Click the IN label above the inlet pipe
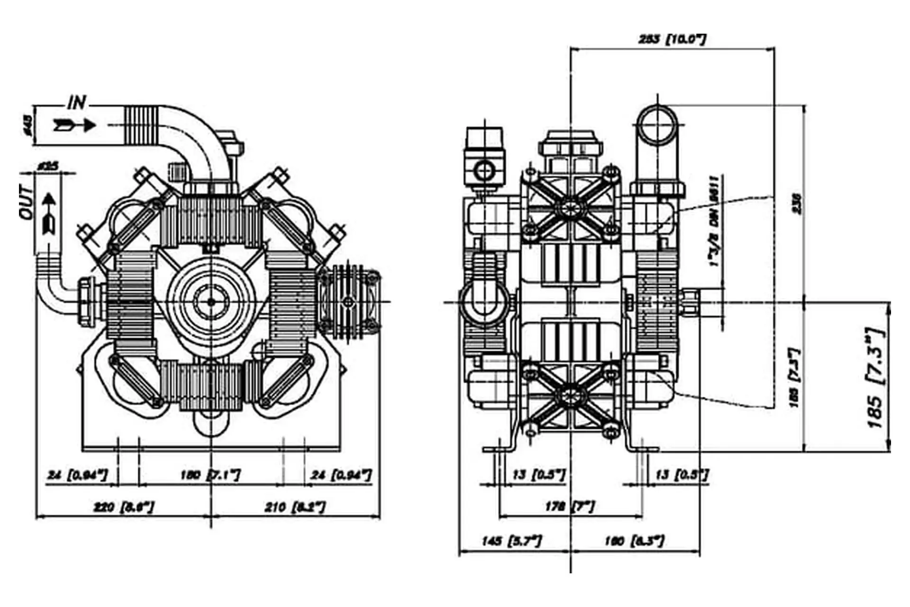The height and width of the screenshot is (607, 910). (x=77, y=102)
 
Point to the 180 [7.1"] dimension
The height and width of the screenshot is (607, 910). (x=210, y=474)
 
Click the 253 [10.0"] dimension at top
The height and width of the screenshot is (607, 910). (x=672, y=39)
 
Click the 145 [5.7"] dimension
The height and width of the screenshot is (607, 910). (x=511, y=541)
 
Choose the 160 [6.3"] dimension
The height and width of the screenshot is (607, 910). (x=634, y=541)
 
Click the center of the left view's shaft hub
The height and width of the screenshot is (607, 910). (x=210, y=301)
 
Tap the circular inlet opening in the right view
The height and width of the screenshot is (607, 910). (x=657, y=125)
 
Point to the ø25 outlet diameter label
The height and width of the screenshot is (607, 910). (x=48, y=166)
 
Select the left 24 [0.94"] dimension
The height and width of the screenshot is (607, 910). (x=77, y=474)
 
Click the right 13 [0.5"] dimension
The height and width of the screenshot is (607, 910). (x=682, y=474)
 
